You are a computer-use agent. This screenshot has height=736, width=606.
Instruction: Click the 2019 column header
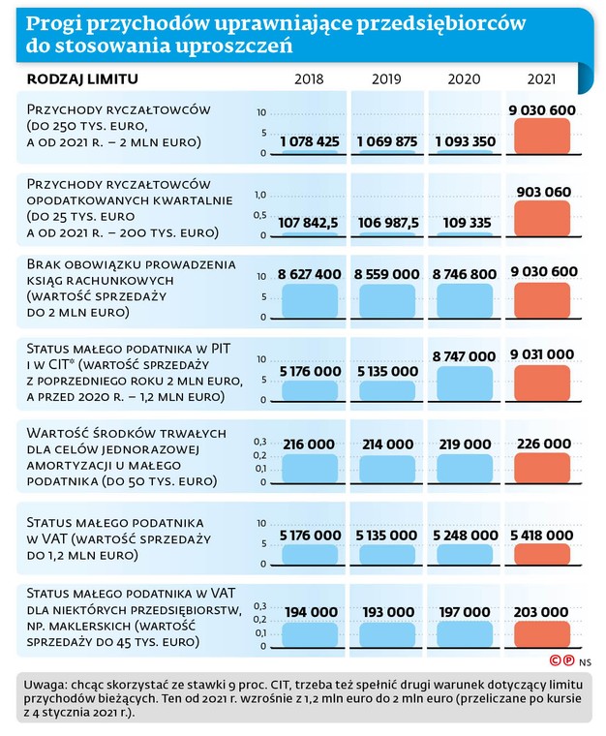coord(386,78)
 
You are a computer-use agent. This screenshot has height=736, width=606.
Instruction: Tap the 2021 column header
coord(541,78)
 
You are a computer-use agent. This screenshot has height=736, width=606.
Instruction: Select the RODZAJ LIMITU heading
coord(82,78)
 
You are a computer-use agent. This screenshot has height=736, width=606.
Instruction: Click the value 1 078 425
coord(310,141)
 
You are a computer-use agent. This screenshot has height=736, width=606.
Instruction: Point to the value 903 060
coord(544,192)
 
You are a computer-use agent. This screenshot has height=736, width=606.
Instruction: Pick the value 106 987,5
coord(388,223)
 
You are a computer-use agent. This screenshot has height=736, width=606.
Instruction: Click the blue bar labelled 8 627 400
coord(310,301)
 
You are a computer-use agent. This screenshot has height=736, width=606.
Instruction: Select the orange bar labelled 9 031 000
coord(542,383)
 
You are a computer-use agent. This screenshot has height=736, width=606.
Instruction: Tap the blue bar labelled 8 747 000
coord(465,383)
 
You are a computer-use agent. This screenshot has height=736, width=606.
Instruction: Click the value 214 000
coord(388,445)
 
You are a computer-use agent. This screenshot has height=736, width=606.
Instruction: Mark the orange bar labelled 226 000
coord(542,469)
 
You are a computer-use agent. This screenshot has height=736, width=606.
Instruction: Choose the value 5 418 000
coord(542,536)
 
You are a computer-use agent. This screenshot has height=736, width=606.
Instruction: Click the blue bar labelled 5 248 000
coord(465,554)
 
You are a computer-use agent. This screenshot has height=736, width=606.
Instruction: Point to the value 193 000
coord(388,612)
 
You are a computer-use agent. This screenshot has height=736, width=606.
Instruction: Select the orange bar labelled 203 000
coord(542,634)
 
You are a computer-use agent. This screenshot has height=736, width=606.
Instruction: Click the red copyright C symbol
coord(556,660)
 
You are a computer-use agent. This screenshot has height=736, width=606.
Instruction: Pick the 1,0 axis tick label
coord(260,195)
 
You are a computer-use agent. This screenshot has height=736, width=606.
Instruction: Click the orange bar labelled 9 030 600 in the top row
coord(542,137)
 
